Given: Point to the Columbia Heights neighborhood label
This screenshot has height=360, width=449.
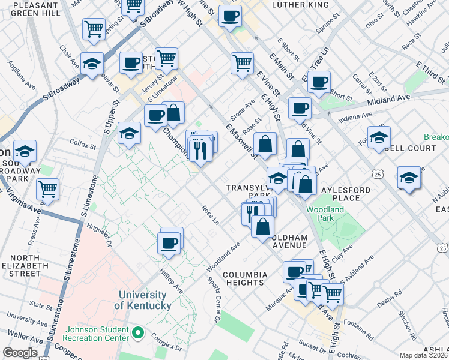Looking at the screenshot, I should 244,278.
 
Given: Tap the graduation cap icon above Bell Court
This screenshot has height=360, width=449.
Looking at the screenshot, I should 379,137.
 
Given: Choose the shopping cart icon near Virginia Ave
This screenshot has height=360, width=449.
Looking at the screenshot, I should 47,189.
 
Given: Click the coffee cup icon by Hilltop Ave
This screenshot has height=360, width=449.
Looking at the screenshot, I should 169,243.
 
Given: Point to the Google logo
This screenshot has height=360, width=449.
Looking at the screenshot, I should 20,353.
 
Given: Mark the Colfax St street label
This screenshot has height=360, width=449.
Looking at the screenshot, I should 83,145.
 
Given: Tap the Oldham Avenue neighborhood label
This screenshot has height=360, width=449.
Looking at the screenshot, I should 291,241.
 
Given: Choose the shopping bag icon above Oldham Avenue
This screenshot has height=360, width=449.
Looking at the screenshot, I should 262,227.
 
